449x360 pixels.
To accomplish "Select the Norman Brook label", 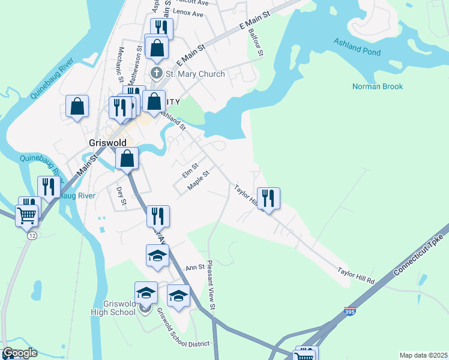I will pos(378,87).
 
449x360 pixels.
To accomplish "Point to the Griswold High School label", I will pos(113,308).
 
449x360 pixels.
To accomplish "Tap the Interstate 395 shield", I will pos(350,312).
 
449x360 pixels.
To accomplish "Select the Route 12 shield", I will pos(31,236).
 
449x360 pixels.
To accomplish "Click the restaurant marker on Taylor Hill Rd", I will pos(268,198).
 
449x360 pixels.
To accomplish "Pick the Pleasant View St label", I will pos(211,285).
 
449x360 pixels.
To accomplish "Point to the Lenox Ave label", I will pos(188,12).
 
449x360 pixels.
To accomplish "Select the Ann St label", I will pos(196,268).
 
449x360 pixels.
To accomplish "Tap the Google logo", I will pos(19,353).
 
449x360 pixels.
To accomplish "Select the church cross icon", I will pos(157,74).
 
